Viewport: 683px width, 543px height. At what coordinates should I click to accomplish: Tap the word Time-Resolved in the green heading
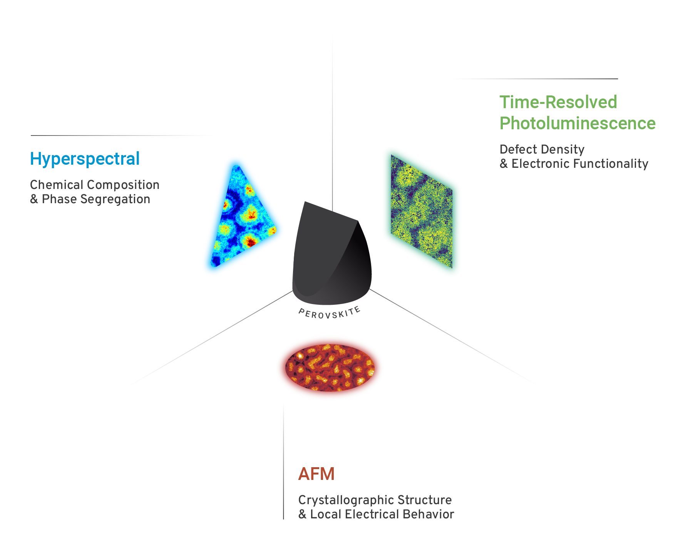pos(558,102)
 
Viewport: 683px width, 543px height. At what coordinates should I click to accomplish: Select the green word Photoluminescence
pos(578,124)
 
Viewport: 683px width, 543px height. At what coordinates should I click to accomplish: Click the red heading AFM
pos(316,474)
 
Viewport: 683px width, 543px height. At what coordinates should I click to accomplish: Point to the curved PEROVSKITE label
pos(330,313)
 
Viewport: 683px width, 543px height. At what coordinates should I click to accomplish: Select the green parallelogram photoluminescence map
pos(422,211)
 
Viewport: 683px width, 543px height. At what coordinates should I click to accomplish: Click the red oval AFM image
pos(330,368)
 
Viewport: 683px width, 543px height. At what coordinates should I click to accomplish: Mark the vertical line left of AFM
pos(284,462)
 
